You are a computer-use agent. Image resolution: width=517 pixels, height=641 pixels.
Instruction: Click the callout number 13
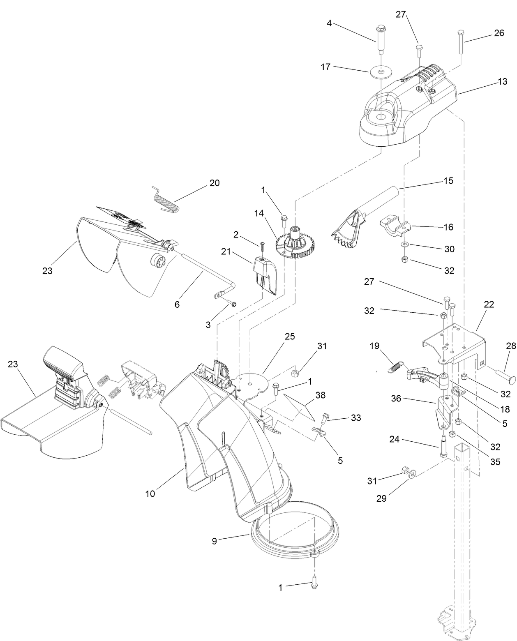(502, 81)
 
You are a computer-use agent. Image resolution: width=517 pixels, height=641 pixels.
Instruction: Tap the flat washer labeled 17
(382, 72)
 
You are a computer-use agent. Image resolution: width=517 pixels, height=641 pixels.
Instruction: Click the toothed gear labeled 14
(297, 246)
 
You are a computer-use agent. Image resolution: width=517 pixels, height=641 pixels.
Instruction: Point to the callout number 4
(329, 23)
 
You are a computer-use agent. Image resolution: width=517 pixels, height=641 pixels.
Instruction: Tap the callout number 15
(448, 180)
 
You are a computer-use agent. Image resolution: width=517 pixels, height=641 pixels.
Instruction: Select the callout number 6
(177, 304)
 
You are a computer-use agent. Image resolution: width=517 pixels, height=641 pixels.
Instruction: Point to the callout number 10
(150, 493)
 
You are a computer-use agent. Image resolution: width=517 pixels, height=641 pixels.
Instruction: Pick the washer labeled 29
(413, 473)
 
